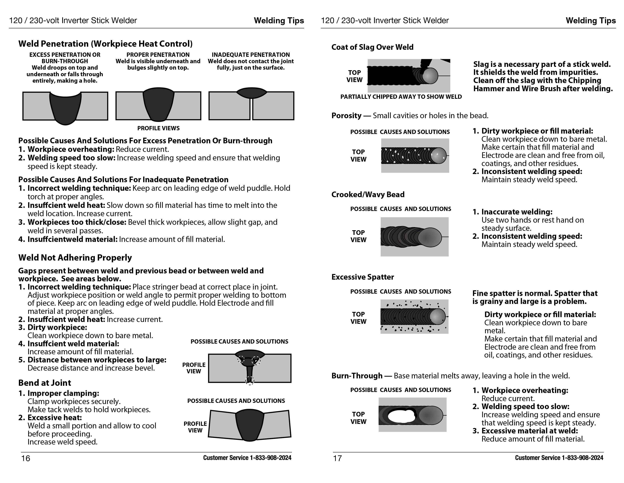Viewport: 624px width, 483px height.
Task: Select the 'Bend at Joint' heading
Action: pyautogui.click(x=45, y=383)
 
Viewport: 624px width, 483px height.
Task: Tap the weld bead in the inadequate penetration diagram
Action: pyautogui.click(x=252, y=93)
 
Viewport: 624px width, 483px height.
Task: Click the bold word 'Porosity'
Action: pyautogui.click(x=346, y=115)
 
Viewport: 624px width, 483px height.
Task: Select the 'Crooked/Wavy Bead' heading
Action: pyautogui.click(x=368, y=194)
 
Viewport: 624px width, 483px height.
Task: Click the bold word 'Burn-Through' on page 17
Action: pyautogui.click(x=357, y=375)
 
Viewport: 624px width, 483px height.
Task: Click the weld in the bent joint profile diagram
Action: pyautogui.click(x=250, y=425)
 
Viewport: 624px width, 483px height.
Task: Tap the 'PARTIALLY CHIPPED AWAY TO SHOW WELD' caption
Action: pyautogui.click(x=401, y=97)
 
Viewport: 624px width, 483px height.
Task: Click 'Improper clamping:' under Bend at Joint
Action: pyautogui.click(x=63, y=393)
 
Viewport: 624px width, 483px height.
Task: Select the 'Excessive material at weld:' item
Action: pyautogui.click(x=529, y=431)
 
